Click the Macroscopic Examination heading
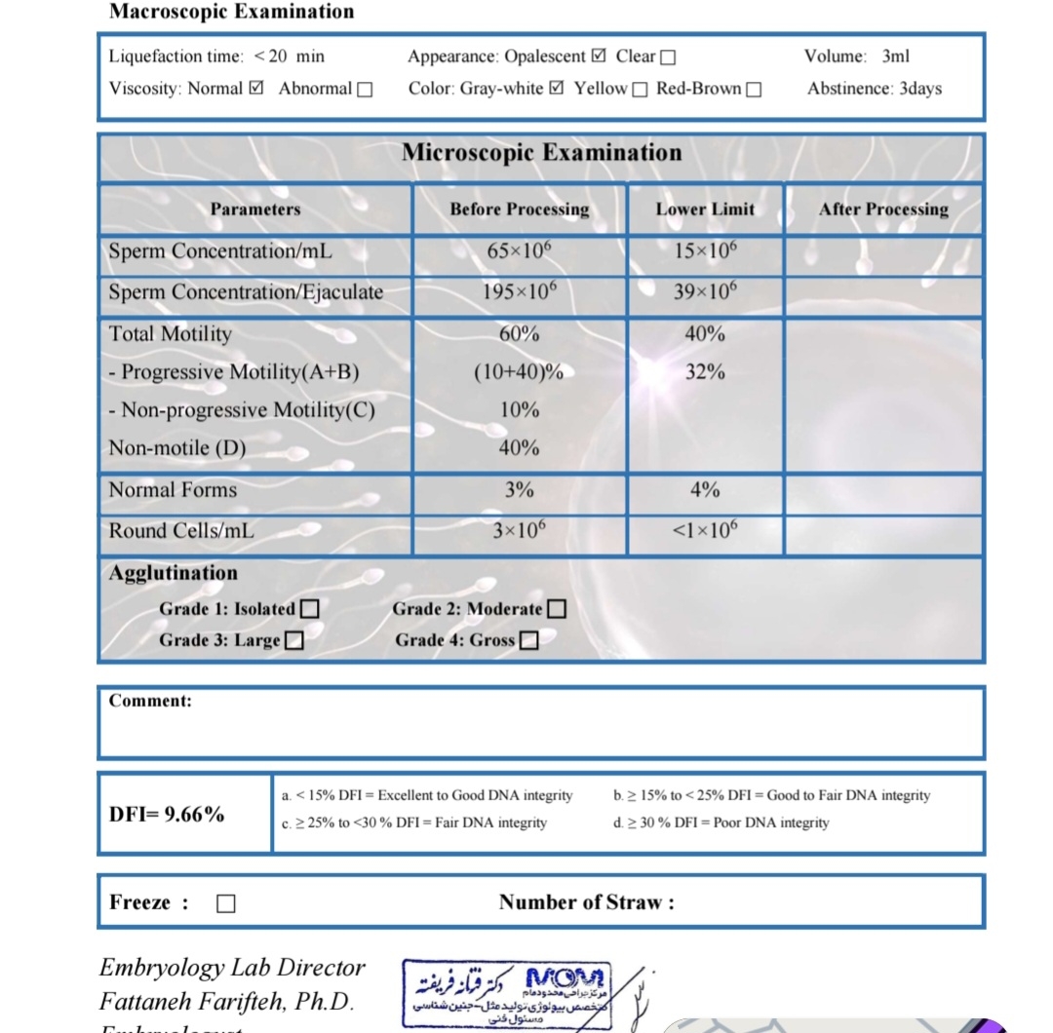(231, 12)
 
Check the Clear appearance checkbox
(668, 57)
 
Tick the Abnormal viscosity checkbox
(365, 90)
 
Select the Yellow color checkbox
(640, 90)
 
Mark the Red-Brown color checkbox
(753, 90)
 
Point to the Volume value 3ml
(895, 57)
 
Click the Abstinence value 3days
(920, 89)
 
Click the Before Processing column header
(519, 210)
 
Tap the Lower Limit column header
(705, 210)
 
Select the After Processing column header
(883, 210)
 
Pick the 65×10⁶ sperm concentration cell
(519, 250)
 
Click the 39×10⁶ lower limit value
(705, 291)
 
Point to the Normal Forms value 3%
(519, 490)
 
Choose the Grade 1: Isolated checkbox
(309, 609)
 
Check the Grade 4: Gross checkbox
(528, 640)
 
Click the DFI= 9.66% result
(167, 814)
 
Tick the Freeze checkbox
(225, 903)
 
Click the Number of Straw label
(586, 902)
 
